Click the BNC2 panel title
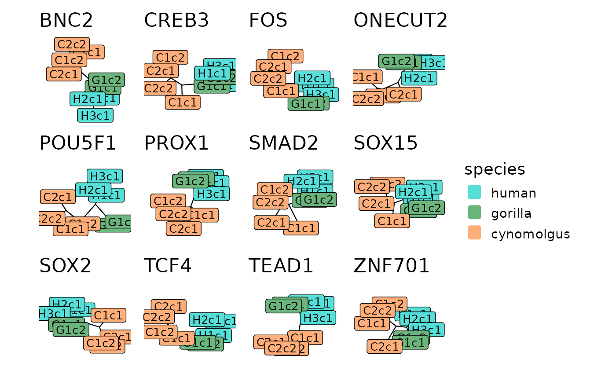(x=66, y=21)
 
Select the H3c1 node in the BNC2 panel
(x=95, y=115)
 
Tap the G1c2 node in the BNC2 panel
(x=106, y=80)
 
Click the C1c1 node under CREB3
(x=183, y=103)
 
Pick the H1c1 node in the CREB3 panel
(x=212, y=73)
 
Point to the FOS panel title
(x=268, y=21)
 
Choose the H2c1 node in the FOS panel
(x=312, y=78)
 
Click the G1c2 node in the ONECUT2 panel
(x=396, y=61)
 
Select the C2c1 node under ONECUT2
(x=403, y=95)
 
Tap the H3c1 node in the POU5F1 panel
(x=105, y=176)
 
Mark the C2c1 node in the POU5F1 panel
(x=58, y=197)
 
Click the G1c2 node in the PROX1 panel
(x=190, y=181)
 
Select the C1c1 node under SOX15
(x=392, y=221)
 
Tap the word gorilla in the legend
(x=511, y=213)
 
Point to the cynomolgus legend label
(x=530, y=234)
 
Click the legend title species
(x=495, y=169)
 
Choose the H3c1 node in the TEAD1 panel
(x=318, y=318)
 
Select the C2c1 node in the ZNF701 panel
(x=385, y=347)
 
